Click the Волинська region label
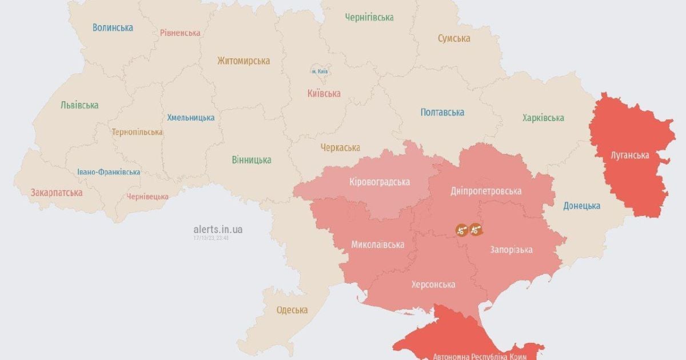coord(113,27)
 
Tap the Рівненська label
coord(180,33)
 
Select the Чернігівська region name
coord(369,17)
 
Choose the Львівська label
coord(79,105)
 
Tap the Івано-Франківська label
coord(109,172)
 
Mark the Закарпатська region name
coord(57,193)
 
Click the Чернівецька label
coord(147,197)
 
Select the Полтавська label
coord(442,112)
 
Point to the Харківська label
coord(543,118)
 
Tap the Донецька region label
coord(581,206)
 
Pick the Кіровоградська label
coord(380,182)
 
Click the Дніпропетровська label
coord(485,191)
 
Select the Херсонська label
coord(433,285)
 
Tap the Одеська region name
coord(292,310)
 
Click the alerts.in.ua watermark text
coord(218,229)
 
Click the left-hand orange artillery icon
coord(462,230)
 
